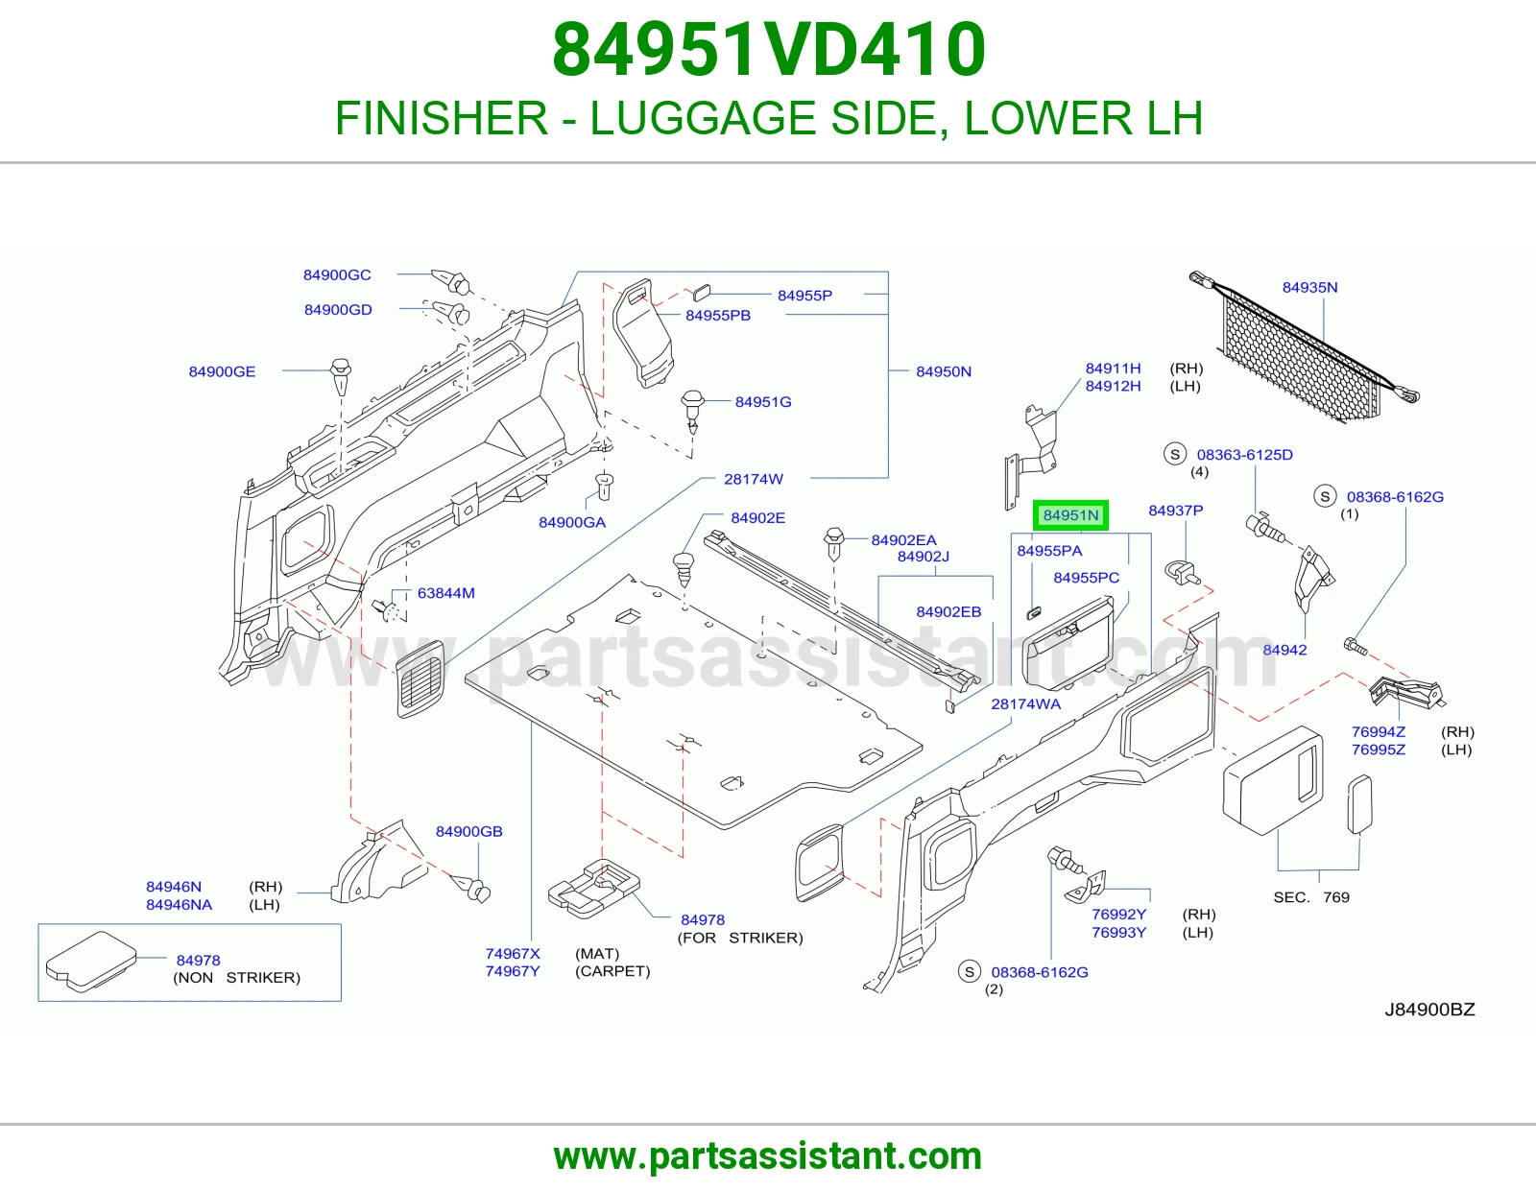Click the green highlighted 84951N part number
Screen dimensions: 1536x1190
(1070, 515)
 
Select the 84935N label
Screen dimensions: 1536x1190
(1309, 288)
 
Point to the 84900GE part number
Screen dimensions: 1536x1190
(222, 371)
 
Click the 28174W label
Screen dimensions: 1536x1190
(754, 479)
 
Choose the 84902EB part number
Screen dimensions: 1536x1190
(948, 612)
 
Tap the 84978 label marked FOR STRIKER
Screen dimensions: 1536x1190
(703, 920)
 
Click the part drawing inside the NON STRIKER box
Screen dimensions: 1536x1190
(90, 961)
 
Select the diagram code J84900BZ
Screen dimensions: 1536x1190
(1429, 1010)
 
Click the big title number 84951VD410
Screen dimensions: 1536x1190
(769, 50)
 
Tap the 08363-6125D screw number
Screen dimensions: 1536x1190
(1245, 455)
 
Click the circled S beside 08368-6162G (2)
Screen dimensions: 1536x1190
(970, 971)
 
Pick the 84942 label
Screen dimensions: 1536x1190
(1285, 650)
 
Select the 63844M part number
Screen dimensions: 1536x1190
(446, 593)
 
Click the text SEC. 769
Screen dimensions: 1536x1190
(1311, 897)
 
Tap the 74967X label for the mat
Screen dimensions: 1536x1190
(513, 954)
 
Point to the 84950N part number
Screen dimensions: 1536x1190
(944, 371)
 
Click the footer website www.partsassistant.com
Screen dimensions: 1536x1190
(768, 1156)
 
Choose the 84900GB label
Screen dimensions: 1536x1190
(469, 832)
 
